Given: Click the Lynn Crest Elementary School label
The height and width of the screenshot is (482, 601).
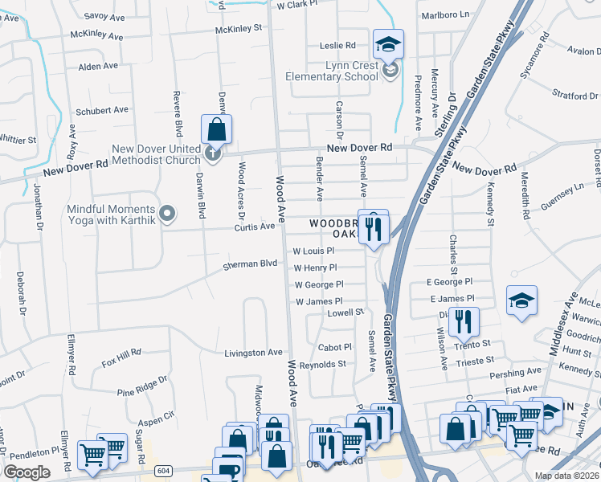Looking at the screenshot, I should point(332,71).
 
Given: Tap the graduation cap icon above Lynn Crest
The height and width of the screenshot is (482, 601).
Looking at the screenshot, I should point(388,44).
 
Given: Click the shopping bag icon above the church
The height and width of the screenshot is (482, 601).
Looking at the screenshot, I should point(216,129).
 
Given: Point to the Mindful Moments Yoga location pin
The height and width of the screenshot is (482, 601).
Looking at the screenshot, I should point(167,214).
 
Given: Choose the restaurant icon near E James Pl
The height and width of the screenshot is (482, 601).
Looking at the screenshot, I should point(464,322).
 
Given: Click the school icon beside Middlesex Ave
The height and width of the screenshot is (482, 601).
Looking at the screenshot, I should point(521,301).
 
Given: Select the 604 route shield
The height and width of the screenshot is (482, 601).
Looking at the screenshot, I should point(164,470).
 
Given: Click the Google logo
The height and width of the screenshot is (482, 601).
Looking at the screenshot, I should point(27,472).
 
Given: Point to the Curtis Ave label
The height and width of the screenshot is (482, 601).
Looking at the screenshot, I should point(255,227).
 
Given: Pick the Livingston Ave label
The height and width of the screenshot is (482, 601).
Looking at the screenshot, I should point(253,352).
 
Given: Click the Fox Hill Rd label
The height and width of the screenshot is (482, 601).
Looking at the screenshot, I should point(121,353).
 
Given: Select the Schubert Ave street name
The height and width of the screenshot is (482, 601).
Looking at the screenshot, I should point(101,110).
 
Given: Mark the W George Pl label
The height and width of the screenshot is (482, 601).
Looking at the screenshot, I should point(319,284).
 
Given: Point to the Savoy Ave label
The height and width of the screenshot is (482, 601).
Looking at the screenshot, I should point(105,15).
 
